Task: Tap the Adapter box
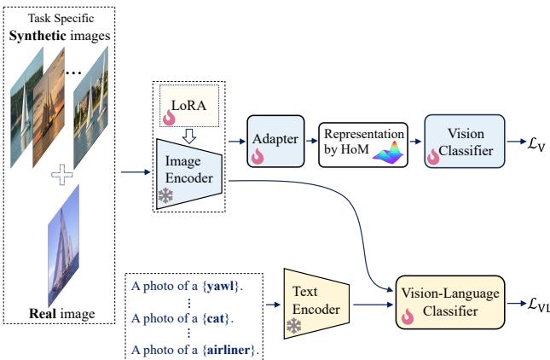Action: pos(275,137)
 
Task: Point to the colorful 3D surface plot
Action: pos(388,152)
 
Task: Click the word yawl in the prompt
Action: pos(223,286)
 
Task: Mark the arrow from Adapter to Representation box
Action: pos(310,137)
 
